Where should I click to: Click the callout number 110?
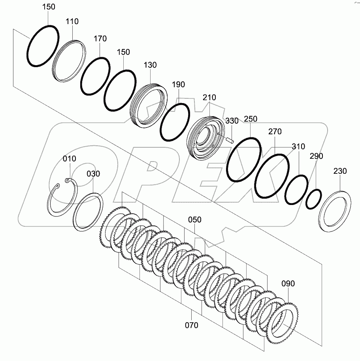coord(72,22)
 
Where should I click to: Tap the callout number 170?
coord(100,39)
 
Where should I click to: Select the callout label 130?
coord(150,65)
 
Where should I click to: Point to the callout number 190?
coord(178,84)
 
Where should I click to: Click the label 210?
coord(210,97)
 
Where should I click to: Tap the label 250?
coord(251,119)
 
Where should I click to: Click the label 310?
coord(298,147)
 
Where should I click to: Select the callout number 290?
coord(316,156)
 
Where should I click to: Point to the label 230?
coord(340,171)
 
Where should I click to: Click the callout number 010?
coord(70,158)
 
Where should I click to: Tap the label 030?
coord(94,173)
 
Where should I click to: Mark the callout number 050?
coord(195,219)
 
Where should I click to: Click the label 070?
coord(191,325)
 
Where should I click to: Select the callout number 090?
coord(288,283)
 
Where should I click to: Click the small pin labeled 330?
coord(230,138)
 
